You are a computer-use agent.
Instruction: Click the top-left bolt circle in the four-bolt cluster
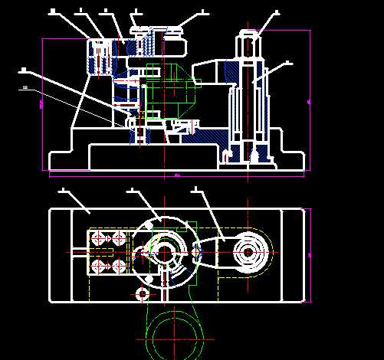coord(99,240)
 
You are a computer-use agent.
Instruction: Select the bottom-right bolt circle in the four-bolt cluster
coord(118,266)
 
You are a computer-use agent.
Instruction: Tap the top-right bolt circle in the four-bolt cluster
coord(118,240)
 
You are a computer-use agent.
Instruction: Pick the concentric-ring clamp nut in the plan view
coord(248,251)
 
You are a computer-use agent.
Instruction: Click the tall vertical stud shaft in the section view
coord(248,107)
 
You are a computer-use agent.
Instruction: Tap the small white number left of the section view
coord(25,88)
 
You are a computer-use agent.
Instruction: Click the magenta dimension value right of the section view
coord(308,100)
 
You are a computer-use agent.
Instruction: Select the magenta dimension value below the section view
coord(177,175)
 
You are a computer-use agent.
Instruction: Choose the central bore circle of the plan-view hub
coord(165,253)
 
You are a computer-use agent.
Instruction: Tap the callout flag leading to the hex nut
coord(276,13)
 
